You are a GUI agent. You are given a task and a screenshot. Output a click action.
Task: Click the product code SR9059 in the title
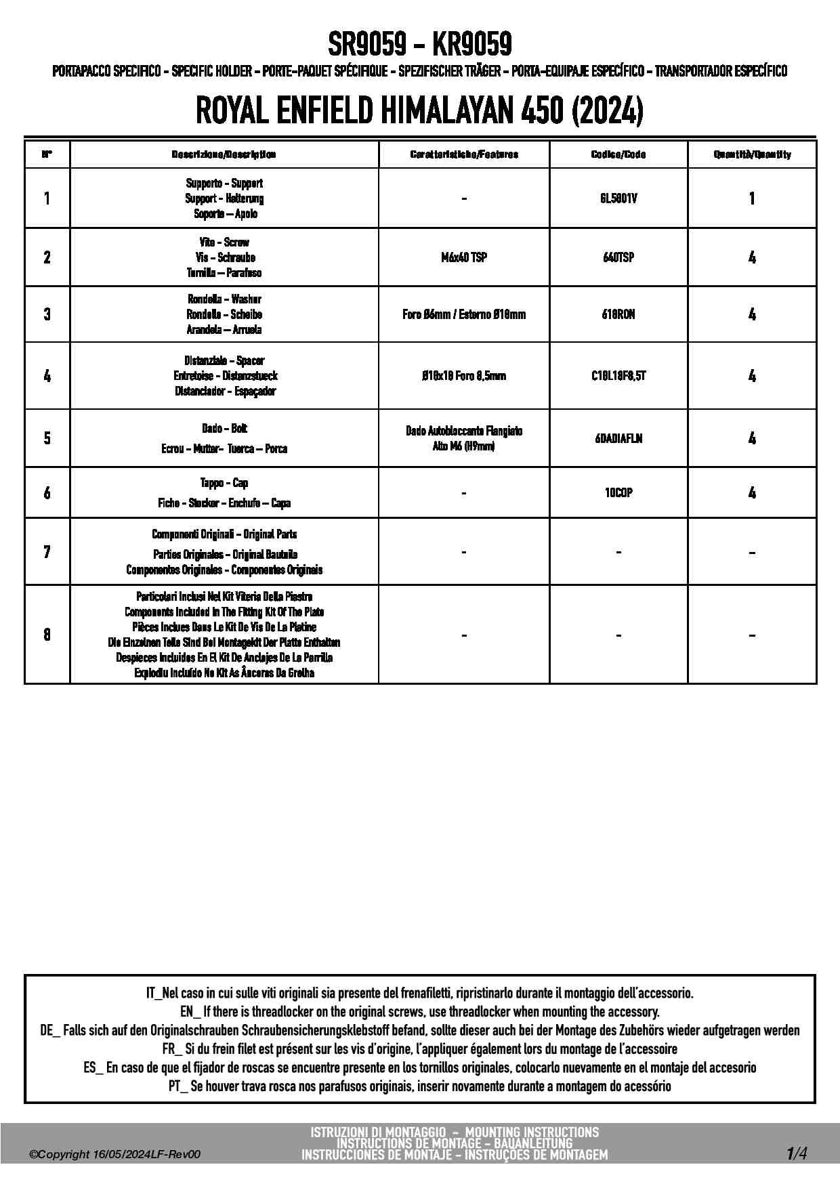coord(367,45)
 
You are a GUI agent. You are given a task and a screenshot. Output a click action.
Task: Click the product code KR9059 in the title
coord(471,45)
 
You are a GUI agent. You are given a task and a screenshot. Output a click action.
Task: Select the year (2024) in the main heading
coord(608,110)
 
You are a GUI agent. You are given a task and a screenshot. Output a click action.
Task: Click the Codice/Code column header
coord(618,154)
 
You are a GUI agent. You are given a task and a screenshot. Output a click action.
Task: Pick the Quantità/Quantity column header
coord(752,154)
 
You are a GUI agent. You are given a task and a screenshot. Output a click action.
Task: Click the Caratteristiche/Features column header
coord(464,154)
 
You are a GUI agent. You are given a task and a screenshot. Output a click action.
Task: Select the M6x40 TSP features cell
coord(464,257)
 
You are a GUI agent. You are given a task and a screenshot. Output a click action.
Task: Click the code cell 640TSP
coord(618,257)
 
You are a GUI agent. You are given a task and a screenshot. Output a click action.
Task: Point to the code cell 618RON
coord(618,314)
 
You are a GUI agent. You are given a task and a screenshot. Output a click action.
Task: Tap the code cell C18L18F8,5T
coord(618,376)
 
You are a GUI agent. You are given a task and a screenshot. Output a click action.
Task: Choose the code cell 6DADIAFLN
coord(618,438)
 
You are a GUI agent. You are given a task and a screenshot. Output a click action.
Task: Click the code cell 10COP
coord(618,493)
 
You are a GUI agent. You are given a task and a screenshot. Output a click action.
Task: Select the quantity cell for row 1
coord(752,198)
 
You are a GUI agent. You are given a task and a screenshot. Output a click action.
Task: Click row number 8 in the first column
coord(47,635)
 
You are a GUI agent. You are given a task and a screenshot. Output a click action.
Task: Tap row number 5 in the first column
coord(47,438)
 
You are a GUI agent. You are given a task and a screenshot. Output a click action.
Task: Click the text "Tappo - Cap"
coord(224,483)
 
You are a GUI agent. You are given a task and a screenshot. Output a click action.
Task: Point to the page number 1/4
coord(797,1153)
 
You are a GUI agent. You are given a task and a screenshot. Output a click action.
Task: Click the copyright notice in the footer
coord(115,1155)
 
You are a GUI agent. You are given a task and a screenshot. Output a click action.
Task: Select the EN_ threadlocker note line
coord(420,1012)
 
